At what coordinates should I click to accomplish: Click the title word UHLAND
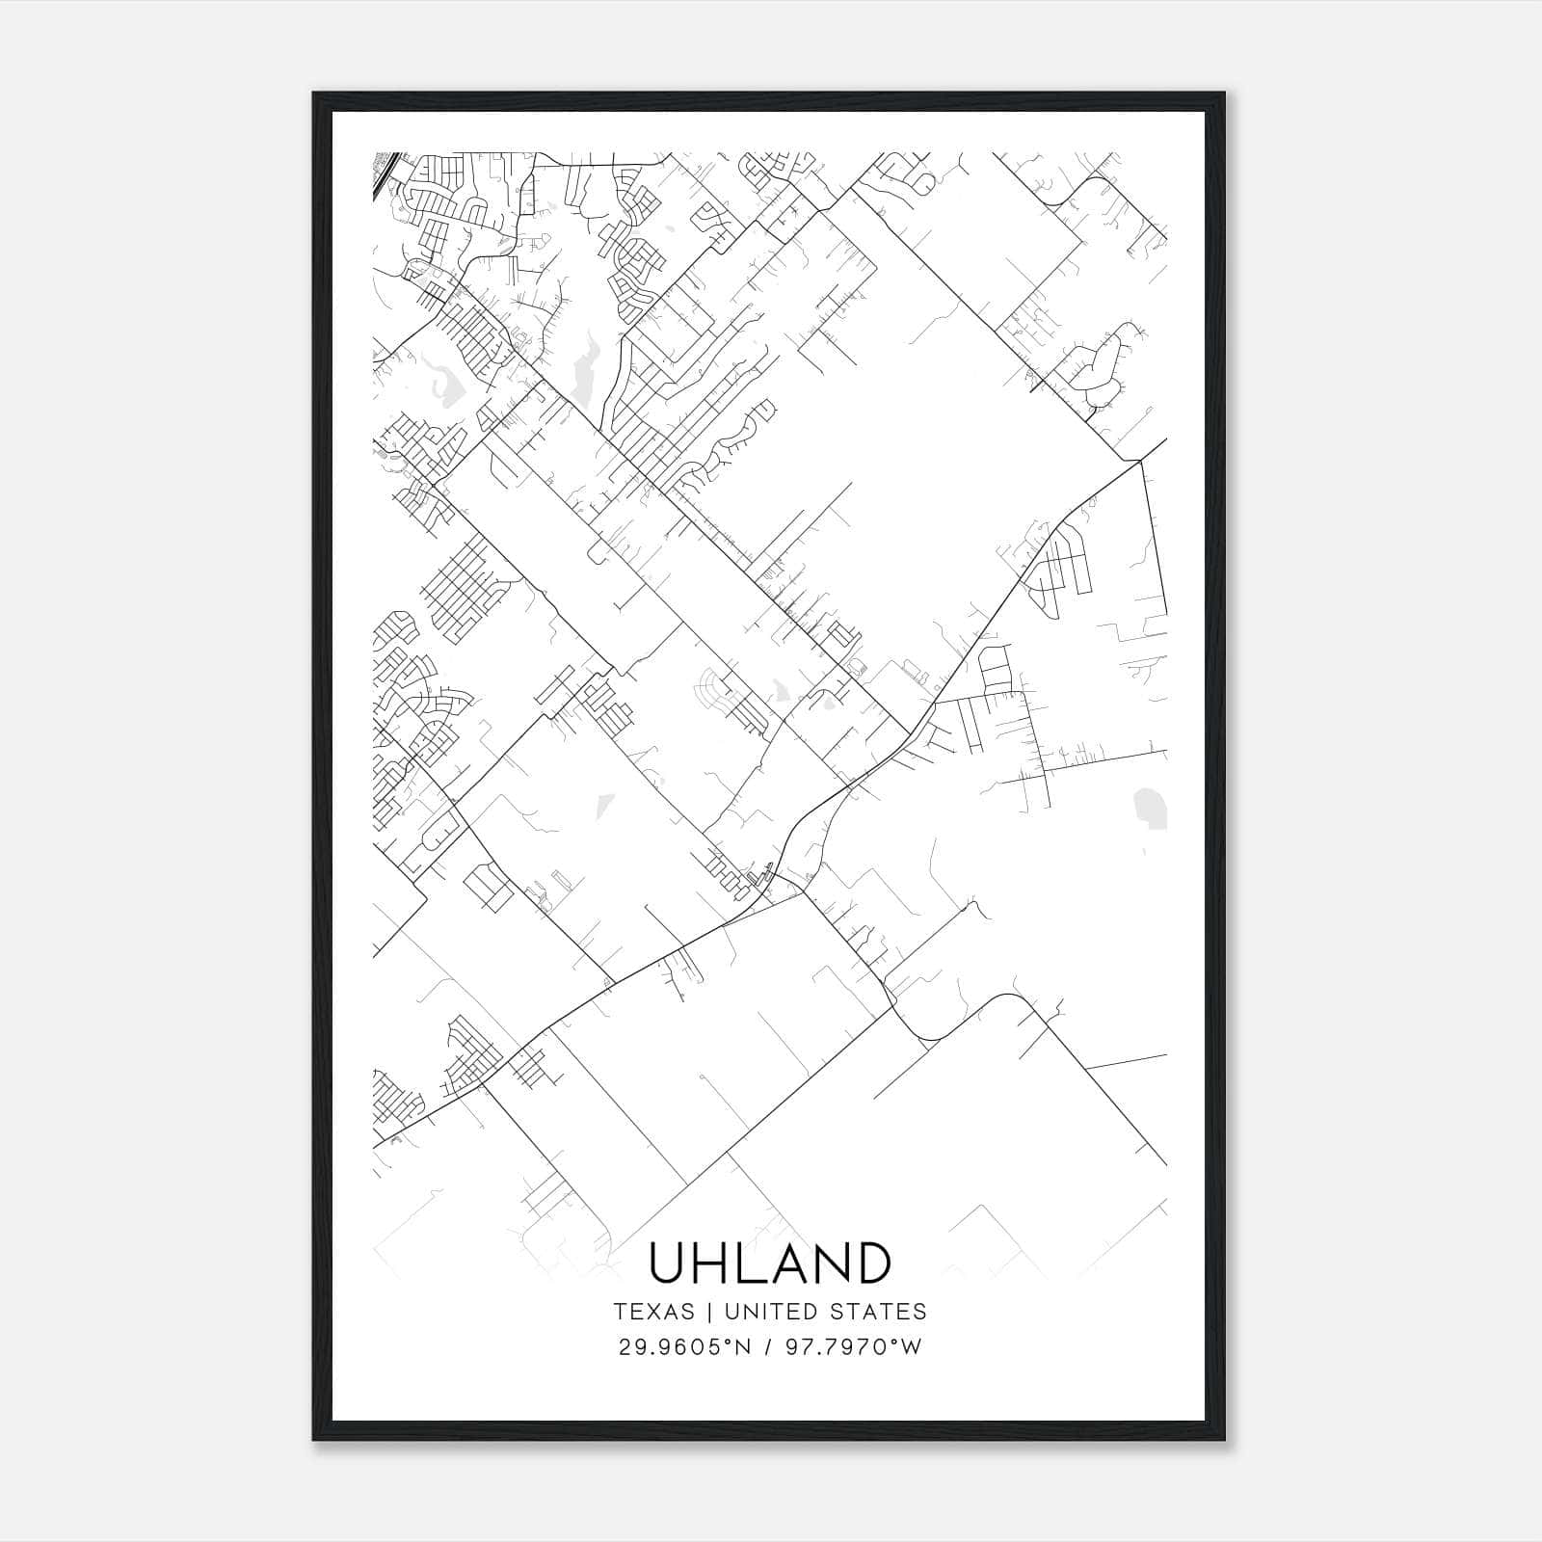[x=770, y=1263]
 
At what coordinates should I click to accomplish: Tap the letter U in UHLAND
[x=669, y=1263]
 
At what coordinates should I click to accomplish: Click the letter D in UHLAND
[x=871, y=1263]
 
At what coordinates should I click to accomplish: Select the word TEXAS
[x=653, y=1312]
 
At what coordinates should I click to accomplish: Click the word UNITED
[x=766, y=1312]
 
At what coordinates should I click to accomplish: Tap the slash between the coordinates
[x=766, y=1347]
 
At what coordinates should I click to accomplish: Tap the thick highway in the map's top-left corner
[x=383, y=173]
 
